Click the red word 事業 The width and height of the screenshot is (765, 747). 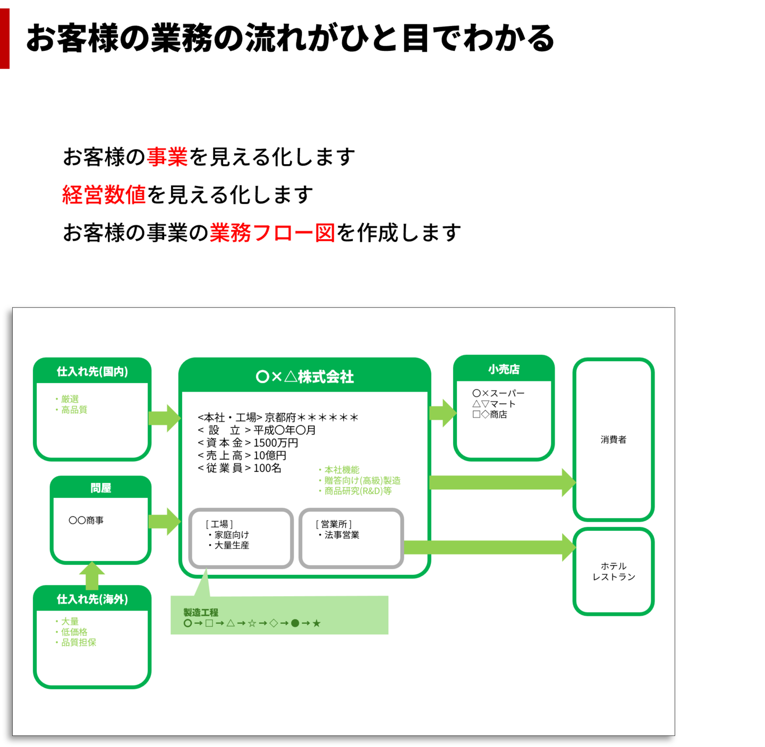point(167,157)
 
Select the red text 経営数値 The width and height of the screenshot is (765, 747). point(104,194)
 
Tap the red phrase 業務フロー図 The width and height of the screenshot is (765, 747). point(272,233)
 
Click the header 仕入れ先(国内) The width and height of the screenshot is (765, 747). point(92,371)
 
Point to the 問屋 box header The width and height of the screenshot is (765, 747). point(101,488)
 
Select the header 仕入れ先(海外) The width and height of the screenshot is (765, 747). point(92,599)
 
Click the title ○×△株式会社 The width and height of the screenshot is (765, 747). point(304,377)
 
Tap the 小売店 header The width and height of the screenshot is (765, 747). point(504,369)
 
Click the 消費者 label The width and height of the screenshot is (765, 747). point(614,439)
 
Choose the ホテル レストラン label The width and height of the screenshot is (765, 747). point(614,572)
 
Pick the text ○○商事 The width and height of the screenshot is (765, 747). point(86,520)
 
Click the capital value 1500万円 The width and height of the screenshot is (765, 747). point(276,443)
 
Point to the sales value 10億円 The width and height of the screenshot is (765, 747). point(270,455)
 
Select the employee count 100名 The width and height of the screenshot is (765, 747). point(267,468)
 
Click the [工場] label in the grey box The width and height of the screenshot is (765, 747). point(219,524)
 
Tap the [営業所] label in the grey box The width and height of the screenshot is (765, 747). point(334,524)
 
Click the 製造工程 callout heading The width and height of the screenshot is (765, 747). point(201,613)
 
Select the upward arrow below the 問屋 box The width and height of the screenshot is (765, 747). point(92,576)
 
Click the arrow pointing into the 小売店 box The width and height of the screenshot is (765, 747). point(442,413)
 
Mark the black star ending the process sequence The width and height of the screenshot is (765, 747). point(317,623)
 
